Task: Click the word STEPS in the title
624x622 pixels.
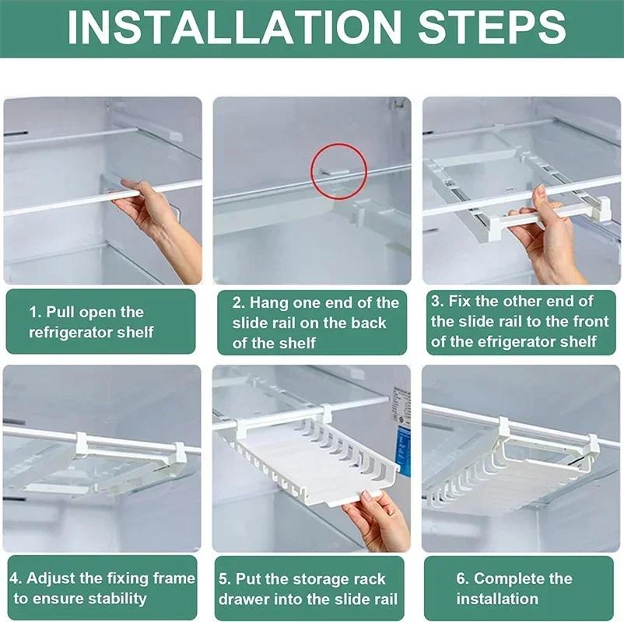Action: click(x=492, y=27)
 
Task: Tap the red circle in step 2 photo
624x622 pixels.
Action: click(x=340, y=171)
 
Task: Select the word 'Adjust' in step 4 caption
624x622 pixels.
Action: click(x=51, y=578)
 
